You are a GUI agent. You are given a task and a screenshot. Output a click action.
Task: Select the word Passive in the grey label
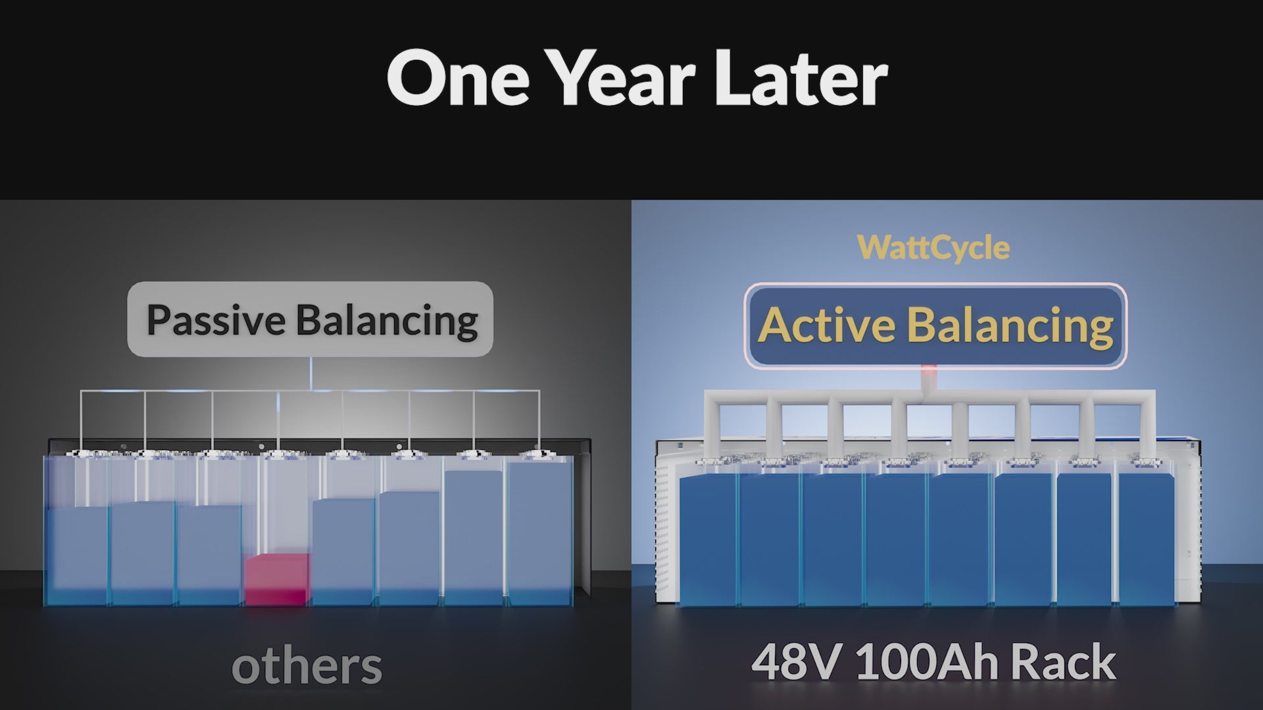(x=215, y=320)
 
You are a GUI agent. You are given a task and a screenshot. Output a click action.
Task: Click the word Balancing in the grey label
(x=387, y=320)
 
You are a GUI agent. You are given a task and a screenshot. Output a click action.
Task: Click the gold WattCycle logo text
(x=933, y=248)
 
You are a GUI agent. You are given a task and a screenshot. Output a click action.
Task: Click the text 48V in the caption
(x=795, y=662)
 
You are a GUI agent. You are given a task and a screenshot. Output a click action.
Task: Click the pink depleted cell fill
(x=276, y=579)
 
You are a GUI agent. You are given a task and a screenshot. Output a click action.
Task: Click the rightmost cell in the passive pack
(x=539, y=532)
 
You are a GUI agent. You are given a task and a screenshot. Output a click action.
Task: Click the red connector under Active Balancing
(x=929, y=377)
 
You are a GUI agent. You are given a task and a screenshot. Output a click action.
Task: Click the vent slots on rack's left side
(x=663, y=526)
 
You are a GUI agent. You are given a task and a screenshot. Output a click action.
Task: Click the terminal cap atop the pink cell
(x=277, y=453)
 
